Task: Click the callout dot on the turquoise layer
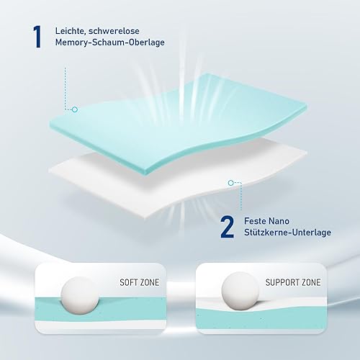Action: point(73,109)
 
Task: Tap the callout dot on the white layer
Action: point(230,184)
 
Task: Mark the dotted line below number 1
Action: point(65,86)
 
